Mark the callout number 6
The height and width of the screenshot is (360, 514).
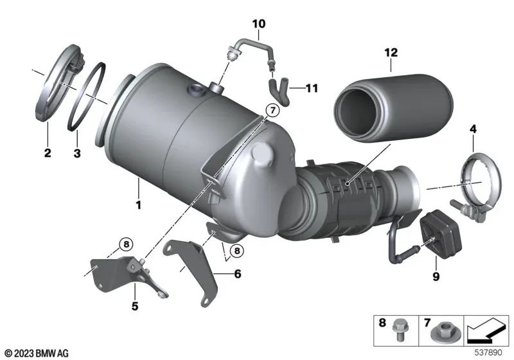point(237,274)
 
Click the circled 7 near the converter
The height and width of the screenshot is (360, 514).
point(272,111)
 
